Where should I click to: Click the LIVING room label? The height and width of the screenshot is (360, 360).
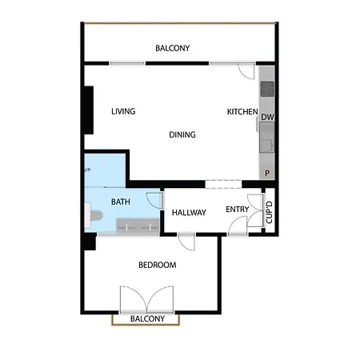(123, 111)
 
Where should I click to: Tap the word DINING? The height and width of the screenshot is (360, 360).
(182, 134)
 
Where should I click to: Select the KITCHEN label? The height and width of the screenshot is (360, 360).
(242, 111)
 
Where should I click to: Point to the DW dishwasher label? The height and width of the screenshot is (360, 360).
(266, 118)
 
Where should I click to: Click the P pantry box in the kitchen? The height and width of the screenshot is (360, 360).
(266, 173)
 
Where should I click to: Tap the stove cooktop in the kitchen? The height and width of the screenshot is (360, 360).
(266, 88)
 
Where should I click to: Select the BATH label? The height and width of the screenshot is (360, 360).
(120, 202)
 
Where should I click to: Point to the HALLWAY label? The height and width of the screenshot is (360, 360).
(190, 212)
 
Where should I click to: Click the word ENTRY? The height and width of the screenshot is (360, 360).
(237, 210)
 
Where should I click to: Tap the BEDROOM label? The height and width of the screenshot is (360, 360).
(157, 265)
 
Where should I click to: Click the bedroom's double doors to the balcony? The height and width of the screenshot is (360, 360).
(146, 300)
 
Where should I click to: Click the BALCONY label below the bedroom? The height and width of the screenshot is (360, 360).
(148, 319)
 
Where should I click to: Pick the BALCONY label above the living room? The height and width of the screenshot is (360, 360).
(173, 48)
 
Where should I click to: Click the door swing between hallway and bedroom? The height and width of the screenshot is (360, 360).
(186, 240)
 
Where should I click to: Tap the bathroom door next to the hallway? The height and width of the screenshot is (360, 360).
(161, 200)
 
